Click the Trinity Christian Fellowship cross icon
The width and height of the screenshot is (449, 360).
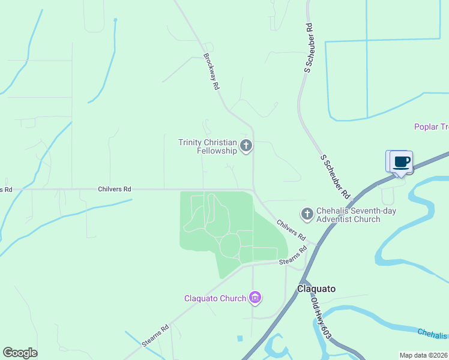tap(246, 146)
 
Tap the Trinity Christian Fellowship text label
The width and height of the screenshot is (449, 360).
tap(208, 146)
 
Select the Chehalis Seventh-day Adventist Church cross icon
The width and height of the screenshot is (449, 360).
tap(307, 214)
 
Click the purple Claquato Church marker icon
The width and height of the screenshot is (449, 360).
tap(255, 298)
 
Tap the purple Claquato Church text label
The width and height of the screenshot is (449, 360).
tap(215, 298)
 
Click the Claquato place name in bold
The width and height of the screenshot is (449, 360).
tap(316, 289)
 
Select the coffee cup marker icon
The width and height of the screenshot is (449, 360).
tap(402, 161)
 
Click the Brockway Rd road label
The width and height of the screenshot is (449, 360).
tap(211, 72)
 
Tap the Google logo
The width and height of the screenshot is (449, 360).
tap(20, 353)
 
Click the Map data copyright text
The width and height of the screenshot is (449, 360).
tap(423, 355)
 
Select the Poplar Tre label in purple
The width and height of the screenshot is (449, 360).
tap(431, 127)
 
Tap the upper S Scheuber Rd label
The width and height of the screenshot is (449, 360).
tap(309, 48)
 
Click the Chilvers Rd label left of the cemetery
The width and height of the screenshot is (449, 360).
tap(114, 189)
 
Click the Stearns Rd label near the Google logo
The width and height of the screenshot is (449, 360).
tap(155, 335)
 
